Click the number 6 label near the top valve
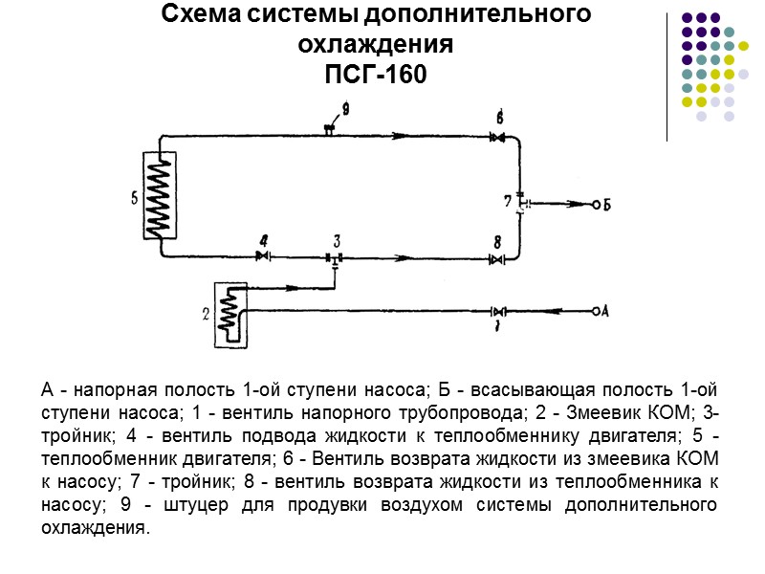[x=499, y=117]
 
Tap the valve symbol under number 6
[x=496, y=138]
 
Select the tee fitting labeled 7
[x=521, y=203]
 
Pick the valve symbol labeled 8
[x=496, y=258]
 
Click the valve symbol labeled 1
[x=497, y=312]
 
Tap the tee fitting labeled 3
[x=334, y=257]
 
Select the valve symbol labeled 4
[x=264, y=256]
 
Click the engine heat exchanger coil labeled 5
[x=161, y=196]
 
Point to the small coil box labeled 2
[x=229, y=313]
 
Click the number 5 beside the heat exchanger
[x=135, y=199]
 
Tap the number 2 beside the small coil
[x=207, y=313]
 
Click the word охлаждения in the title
[x=374, y=45]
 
